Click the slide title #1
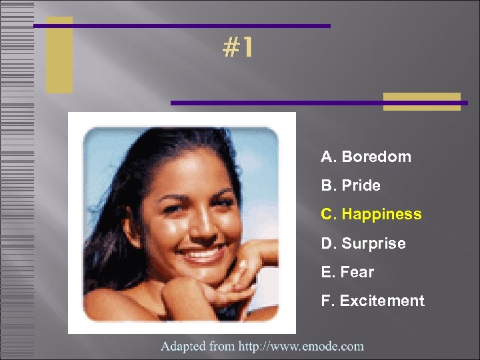coord(238,48)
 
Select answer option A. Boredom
coord(365,157)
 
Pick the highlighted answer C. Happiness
coord(371,215)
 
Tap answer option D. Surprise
coord(363,244)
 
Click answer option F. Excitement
coord(372,301)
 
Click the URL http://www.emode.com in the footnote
coord(301,346)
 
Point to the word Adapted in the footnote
coord(183,346)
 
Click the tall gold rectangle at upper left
coord(59,55)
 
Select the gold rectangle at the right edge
coord(422,101)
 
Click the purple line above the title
coord(181,26)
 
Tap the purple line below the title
coord(319,103)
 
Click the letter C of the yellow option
coord(327,215)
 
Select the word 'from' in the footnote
coord(222,346)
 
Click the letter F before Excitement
coord(326,301)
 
